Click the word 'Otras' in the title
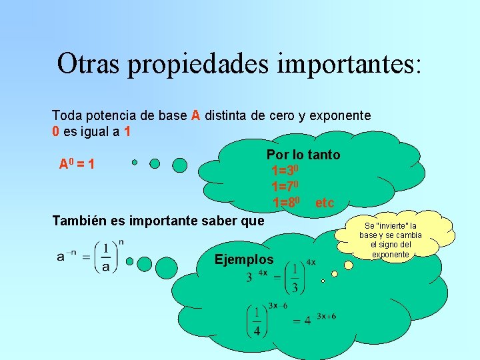coord(88,63)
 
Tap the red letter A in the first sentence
coord(195,115)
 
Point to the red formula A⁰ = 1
coord(76,163)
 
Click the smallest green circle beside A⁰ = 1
coord(135,162)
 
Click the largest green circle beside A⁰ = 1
coord(180,165)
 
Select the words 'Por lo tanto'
coord(303,155)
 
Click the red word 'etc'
coord(325,202)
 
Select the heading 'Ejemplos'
coord(244,259)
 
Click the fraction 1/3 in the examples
coord(295,278)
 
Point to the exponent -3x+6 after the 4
coord(325,316)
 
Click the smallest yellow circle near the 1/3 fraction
coord(323,281)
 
